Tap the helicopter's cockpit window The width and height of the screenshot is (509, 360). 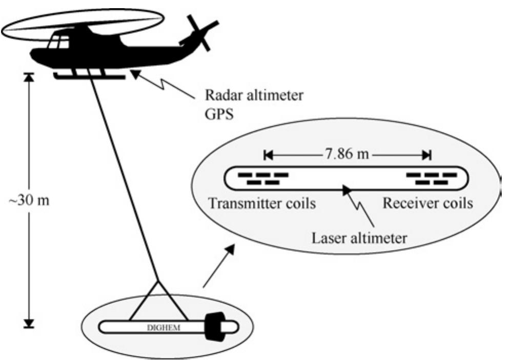58,42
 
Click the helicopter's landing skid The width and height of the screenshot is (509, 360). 89,77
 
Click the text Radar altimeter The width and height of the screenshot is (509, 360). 254,95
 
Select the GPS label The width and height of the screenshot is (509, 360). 219,114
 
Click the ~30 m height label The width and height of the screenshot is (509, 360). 29,201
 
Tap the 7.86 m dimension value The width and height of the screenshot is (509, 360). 347,154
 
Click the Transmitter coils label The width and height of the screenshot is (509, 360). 262,204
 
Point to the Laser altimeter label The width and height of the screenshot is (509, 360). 359,238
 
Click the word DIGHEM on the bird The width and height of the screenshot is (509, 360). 164,328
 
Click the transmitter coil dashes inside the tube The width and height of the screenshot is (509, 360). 263,178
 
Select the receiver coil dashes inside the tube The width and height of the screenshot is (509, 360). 432,178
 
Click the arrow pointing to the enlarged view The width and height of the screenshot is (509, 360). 218,266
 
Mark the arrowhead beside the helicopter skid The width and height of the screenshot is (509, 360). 135,74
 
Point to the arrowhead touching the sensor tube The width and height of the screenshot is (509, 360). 346,190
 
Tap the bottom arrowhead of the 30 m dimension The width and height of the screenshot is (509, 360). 29,324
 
